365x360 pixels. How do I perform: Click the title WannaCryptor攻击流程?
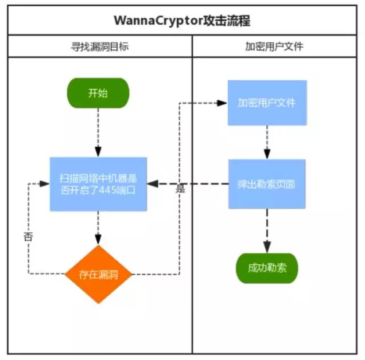point(182,21)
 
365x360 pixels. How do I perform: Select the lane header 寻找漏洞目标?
point(100,46)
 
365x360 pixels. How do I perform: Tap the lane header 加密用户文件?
point(274,46)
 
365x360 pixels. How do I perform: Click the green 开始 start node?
point(98,93)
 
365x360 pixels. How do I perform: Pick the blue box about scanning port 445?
point(98,184)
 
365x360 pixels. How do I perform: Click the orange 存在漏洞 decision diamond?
point(99,275)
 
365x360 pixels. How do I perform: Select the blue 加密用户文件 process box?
point(267,103)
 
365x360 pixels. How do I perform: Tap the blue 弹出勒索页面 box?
point(267,184)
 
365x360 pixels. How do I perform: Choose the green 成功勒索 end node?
point(267,268)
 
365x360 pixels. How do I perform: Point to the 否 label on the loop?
point(28,237)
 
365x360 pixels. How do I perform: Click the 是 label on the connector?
point(180,189)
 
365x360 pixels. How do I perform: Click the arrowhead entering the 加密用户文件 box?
point(222,103)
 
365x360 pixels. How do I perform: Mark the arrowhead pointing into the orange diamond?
point(98,240)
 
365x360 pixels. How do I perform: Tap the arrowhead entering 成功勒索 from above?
point(267,247)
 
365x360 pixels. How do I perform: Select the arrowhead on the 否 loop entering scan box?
point(44,183)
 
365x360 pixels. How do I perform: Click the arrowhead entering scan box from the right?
point(153,183)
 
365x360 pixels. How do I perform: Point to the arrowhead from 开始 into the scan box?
point(98,152)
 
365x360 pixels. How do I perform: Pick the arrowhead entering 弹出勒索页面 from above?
point(267,154)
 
